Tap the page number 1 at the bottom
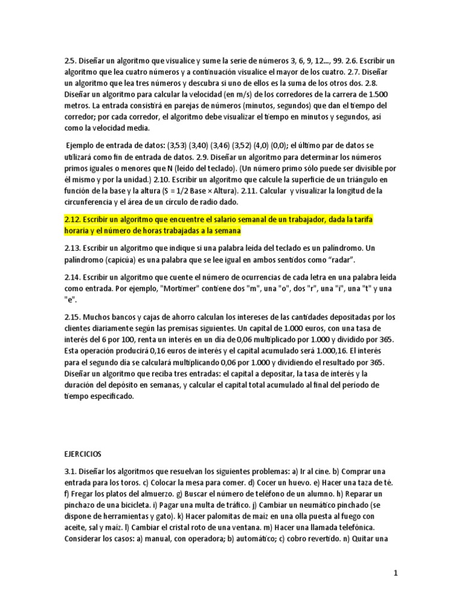click(395, 574)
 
